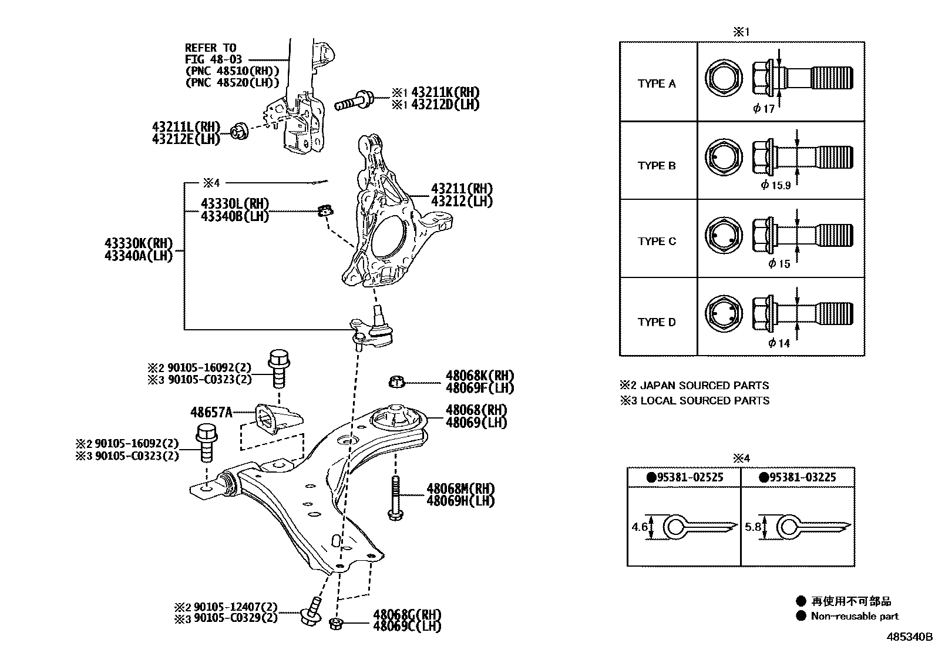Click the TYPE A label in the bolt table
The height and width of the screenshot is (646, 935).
657,83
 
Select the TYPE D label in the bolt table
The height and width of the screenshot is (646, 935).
657,322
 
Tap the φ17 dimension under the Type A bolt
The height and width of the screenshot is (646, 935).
764,109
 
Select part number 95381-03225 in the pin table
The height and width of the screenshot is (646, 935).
797,477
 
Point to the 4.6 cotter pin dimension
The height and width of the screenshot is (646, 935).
639,527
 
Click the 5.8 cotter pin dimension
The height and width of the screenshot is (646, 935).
753,527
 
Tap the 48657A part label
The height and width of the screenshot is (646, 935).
211,413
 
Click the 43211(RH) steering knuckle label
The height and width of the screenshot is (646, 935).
462,189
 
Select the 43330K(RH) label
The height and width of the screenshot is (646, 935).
139,243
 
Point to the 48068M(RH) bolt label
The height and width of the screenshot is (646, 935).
460,488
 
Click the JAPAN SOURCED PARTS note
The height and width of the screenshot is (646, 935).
704,386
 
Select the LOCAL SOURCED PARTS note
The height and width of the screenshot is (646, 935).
704,400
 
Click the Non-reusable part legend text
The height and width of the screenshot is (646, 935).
855,616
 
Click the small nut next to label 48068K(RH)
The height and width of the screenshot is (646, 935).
397,383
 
